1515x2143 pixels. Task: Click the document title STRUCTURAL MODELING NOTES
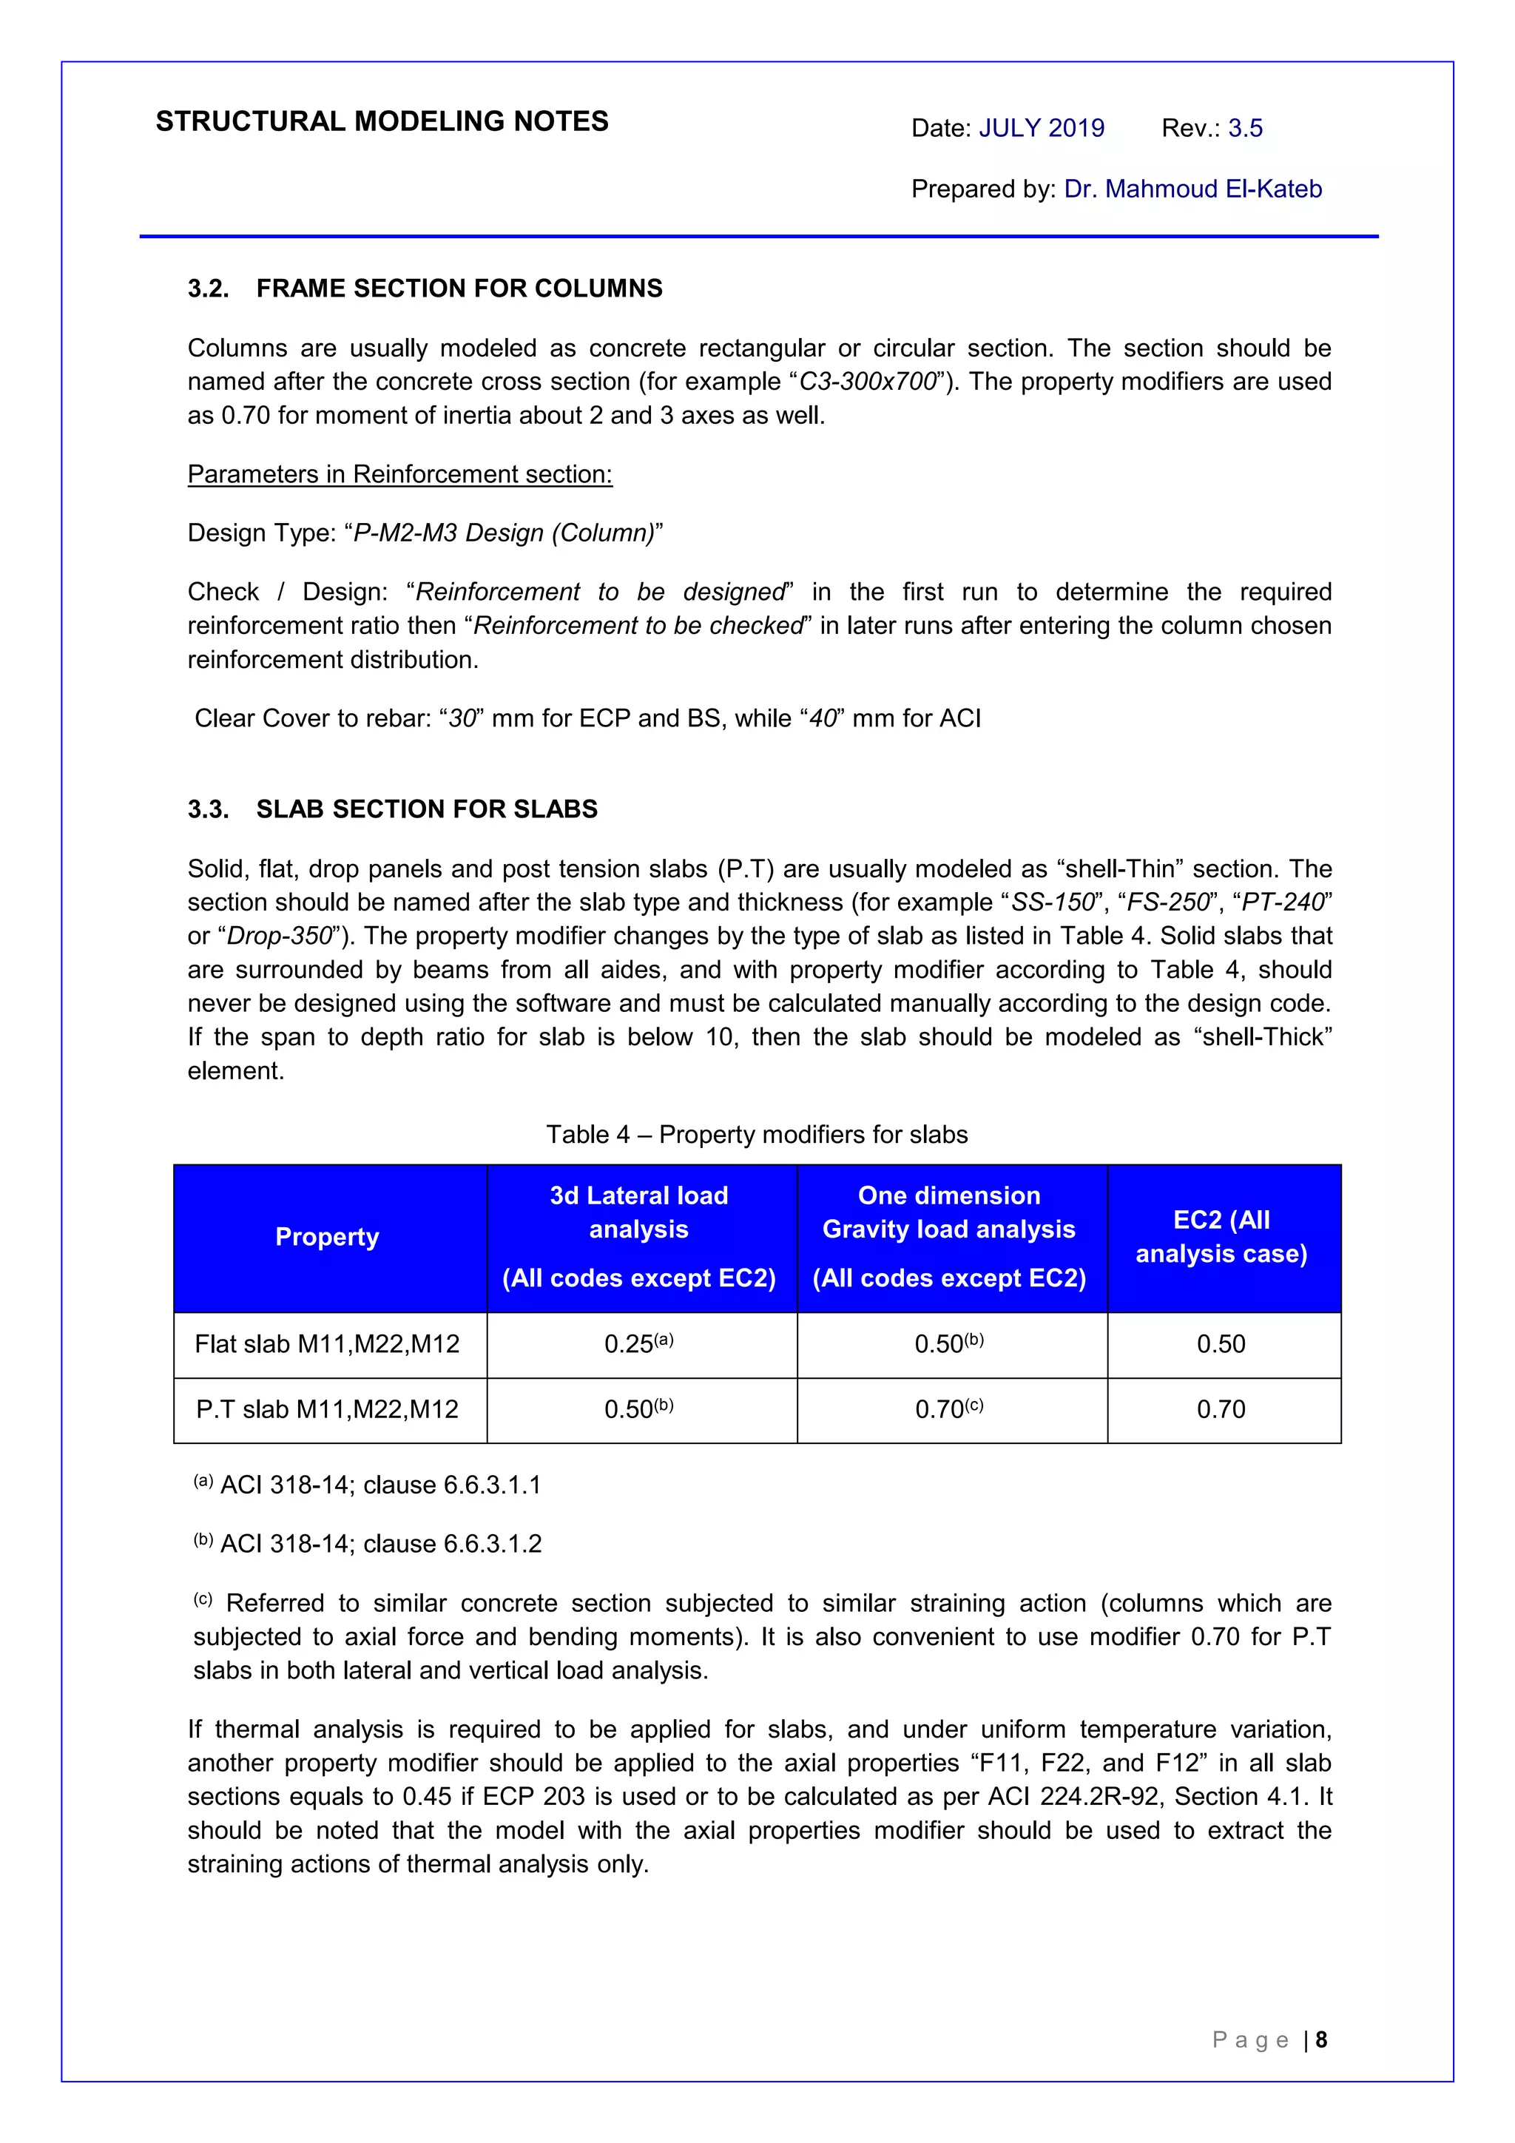click(x=382, y=121)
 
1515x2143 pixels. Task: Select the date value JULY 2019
click(x=1041, y=128)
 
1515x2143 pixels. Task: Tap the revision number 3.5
click(x=1244, y=128)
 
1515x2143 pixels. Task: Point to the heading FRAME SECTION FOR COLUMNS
click(x=459, y=288)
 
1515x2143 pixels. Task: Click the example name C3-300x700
click(x=867, y=382)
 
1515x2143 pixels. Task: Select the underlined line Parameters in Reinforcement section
click(x=399, y=474)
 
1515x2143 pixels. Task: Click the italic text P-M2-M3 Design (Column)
click(x=504, y=533)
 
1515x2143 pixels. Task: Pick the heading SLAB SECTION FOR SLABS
click(x=427, y=809)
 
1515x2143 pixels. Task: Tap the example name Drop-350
click(x=279, y=936)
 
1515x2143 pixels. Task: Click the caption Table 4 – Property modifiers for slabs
click(x=757, y=1134)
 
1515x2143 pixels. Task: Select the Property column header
click(x=328, y=1237)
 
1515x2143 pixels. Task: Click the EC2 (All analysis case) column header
click(x=1221, y=1237)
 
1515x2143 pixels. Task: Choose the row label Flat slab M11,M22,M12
click(x=328, y=1344)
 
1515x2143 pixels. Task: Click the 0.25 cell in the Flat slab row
click(x=638, y=1344)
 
